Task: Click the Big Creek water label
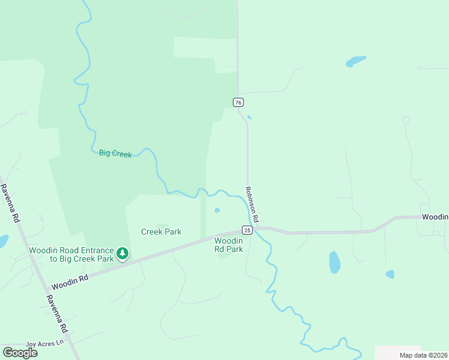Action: [x=115, y=154]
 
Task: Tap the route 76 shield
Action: [x=239, y=103]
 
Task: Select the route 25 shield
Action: [x=247, y=230]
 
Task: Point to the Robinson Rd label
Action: [x=252, y=205]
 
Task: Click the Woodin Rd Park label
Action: [x=229, y=245]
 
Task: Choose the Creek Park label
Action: [x=161, y=232]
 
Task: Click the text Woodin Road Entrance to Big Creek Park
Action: [x=71, y=254]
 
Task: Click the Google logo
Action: [x=20, y=353]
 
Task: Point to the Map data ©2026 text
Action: [x=423, y=355]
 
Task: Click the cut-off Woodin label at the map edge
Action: [x=435, y=217]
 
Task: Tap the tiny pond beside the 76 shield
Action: [x=249, y=117]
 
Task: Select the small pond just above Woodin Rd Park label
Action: [x=217, y=210]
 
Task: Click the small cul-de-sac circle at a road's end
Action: [x=406, y=120]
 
